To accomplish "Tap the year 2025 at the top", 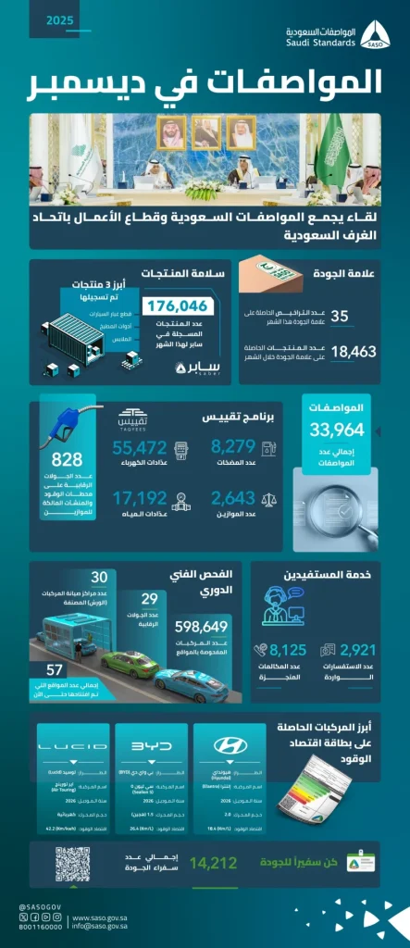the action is pyautogui.click(x=63, y=20).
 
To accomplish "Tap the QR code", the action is pyautogui.click(x=73, y=864).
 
